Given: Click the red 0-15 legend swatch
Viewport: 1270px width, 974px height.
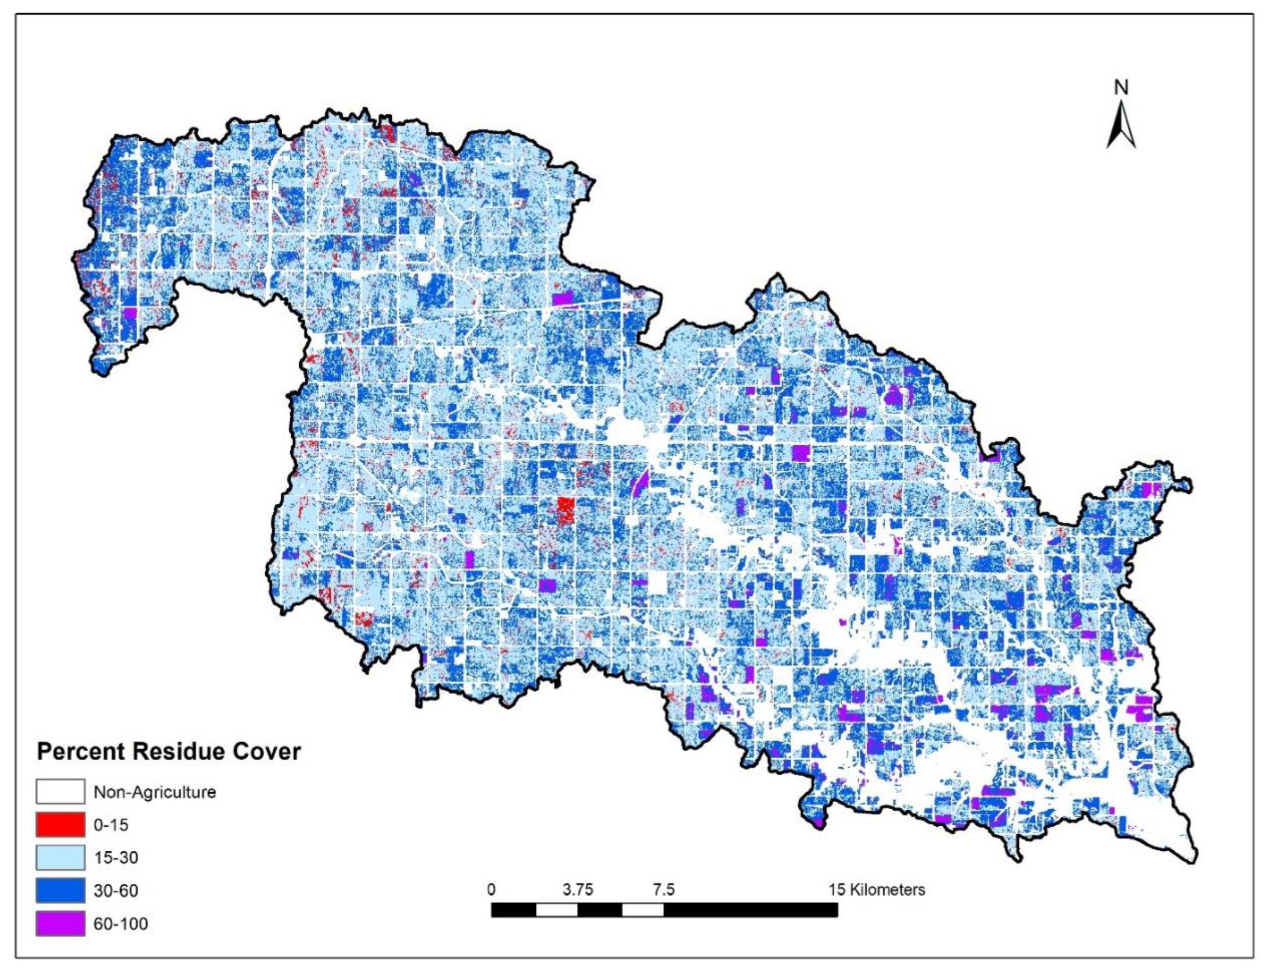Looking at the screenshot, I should tap(60, 825).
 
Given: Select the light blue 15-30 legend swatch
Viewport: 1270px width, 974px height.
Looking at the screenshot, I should tap(60, 858).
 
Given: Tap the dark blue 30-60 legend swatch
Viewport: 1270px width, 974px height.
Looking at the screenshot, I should tap(60, 891).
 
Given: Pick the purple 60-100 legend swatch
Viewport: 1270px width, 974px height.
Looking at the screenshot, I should tap(60, 924).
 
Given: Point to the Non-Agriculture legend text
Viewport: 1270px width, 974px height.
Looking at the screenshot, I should tap(155, 791).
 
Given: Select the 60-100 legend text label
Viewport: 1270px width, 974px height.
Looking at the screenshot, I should tap(121, 924).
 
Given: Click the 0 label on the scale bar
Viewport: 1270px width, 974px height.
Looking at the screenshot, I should tap(491, 889).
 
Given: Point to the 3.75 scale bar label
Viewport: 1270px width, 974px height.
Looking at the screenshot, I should tap(578, 889).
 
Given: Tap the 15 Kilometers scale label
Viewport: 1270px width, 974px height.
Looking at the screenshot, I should tap(877, 889).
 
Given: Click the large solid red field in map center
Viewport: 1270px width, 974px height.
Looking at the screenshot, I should tap(566, 511).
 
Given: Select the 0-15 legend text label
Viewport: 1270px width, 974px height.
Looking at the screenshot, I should tap(111, 825).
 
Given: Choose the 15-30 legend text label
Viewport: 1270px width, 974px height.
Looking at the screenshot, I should tap(116, 858).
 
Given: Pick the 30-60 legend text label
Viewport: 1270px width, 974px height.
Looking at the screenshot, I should tap(116, 891).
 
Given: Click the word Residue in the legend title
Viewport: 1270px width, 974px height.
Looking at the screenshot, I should tap(179, 752).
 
